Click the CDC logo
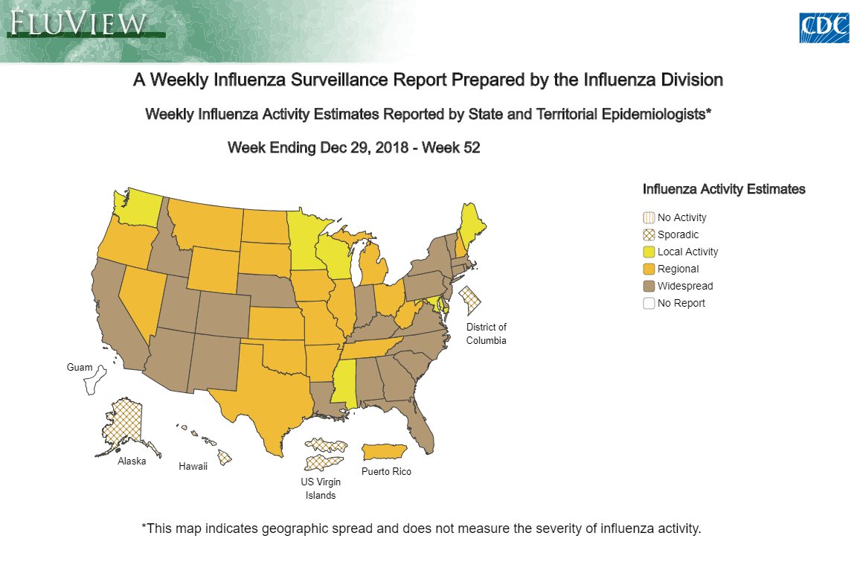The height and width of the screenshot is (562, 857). coord(824,28)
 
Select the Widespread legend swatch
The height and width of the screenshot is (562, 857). coord(649,286)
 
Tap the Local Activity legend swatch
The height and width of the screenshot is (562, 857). coord(649,252)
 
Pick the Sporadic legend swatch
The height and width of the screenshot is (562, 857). coord(649,234)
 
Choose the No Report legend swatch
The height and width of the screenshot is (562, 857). coord(649,303)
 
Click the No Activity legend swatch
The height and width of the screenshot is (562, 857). coord(649,217)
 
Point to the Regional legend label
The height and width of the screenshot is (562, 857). coord(678,269)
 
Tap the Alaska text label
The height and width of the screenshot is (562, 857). coord(132,461)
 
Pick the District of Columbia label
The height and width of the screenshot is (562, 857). coord(486,333)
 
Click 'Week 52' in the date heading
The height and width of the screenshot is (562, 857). coord(451,148)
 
